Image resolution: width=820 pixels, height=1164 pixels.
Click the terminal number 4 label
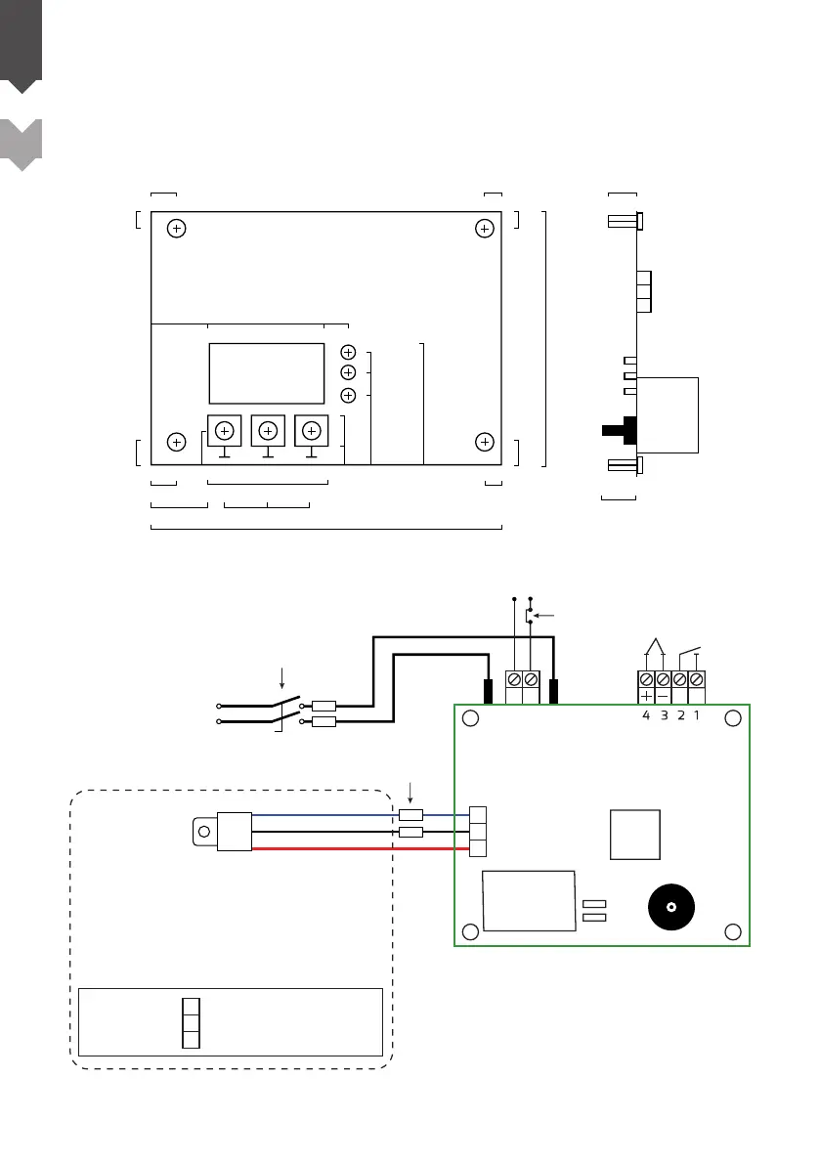click(646, 714)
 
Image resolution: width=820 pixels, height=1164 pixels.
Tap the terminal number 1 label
click(697, 714)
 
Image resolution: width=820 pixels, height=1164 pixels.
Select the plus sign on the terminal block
click(646, 697)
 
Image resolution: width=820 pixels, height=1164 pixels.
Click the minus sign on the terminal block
click(663, 697)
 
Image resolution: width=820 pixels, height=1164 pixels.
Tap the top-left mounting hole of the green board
click(471, 718)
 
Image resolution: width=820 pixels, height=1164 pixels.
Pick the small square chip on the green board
click(634, 834)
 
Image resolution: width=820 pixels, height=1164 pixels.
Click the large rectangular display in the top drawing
click(267, 373)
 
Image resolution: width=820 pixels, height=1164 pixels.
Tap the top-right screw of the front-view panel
click(484, 228)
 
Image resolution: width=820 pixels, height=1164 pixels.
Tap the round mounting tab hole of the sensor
click(202, 832)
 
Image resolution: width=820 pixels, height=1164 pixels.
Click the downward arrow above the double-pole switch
click(281, 676)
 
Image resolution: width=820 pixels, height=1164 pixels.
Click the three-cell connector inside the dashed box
click(192, 1022)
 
